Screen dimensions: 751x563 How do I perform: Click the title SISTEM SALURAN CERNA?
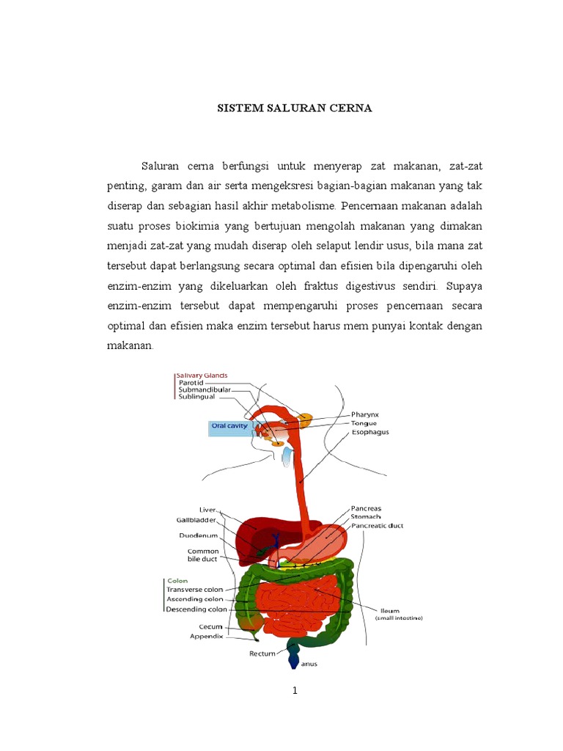pyautogui.click(x=295, y=108)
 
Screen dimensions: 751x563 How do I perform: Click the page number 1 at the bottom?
pyautogui.click(x=295, y=691)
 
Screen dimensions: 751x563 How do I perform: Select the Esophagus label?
pyautogui.click(x=371, y=432)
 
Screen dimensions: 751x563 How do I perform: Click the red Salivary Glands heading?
pyautogui.click(x=201, y=375)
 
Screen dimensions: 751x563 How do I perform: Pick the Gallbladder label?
pyautogui.click(x=197, y=519)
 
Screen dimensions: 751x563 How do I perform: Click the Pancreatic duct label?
pyautogui.click(x=377, y=526)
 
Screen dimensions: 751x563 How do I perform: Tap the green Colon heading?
pyautogui.click(x=177, y=580)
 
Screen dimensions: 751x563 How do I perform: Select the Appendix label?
pyautogui.click(x=206, y=637)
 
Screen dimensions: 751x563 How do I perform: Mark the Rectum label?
pyautogui.click(x=262, y=652)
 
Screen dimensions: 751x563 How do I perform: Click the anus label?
pyautogui.click(x=309, y=665)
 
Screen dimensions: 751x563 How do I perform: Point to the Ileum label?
pyautogui.click(x=389, y=609)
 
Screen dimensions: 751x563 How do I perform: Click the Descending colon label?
pyautogui.click(x=196, y=609)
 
